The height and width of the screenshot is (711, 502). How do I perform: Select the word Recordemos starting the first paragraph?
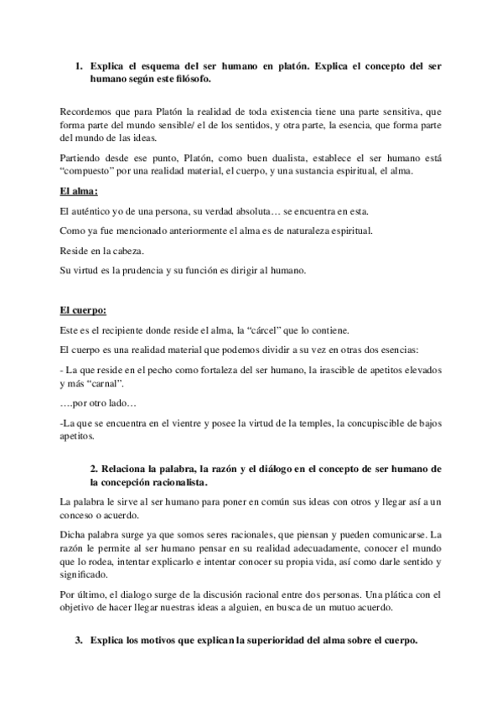click(89, 112)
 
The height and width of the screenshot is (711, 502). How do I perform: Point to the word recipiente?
click(122, 330)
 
